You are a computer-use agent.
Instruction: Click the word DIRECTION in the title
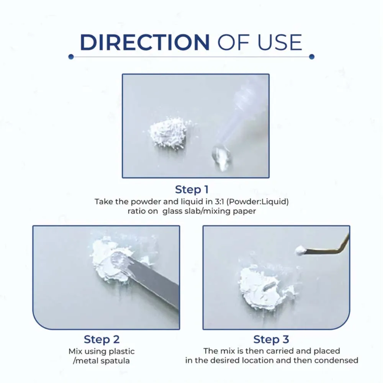pos(145,43)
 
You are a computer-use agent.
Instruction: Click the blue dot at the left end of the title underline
pos(71,57)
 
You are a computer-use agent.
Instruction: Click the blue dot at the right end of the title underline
pos(312,57)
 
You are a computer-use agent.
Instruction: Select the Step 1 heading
pos(192,190)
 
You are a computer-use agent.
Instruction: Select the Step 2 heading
pos(101,339)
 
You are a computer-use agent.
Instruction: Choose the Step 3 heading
pos(271,339)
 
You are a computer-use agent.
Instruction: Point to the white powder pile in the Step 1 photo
pos(169,133)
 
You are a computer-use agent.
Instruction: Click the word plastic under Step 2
pos(122,352)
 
